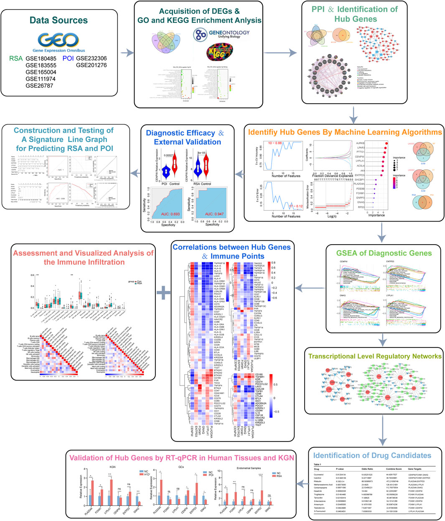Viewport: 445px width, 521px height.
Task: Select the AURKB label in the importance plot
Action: (x=358, y=143)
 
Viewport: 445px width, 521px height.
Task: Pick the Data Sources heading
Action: (x=58, y=20)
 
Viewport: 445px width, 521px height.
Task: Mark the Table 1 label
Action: (x=320, y=464)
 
